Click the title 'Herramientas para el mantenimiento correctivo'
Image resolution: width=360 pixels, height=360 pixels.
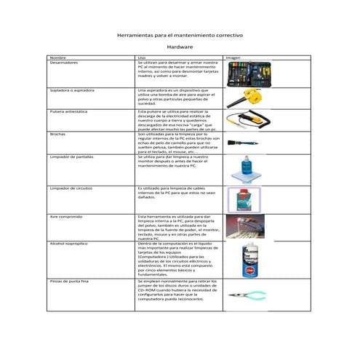180,35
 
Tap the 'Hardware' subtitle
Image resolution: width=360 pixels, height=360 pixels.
180,47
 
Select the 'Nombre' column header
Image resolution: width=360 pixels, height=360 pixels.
57,57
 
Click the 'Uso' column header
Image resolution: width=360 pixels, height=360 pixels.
141,57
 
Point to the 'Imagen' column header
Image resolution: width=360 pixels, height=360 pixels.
233,57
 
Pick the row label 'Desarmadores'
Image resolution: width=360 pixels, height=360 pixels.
63,63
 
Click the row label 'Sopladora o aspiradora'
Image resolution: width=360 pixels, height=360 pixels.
71,90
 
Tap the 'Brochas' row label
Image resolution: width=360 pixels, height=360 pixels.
57,134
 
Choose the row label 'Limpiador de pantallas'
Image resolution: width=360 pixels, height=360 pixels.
71,156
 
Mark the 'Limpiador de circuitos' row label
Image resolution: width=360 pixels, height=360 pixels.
71,188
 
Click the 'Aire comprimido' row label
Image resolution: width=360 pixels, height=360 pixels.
65,217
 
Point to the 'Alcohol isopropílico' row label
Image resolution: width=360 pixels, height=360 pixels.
68,244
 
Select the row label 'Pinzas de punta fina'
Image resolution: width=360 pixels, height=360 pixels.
68,280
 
